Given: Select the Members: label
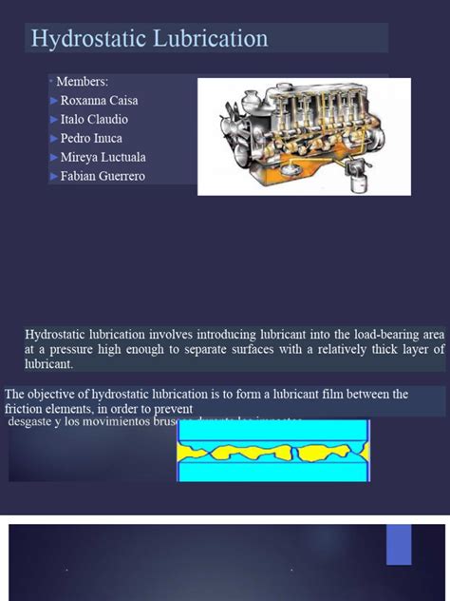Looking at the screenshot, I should click(x=83, y=83).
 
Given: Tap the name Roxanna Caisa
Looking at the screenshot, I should click(x=99, y=101).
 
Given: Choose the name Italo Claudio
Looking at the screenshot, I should click(x=94, y=120).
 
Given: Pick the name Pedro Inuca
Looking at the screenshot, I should click(x=91, y=139).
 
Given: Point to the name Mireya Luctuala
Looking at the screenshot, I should click(x=103, y=158).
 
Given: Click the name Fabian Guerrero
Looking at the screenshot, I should click(x=103, y=177).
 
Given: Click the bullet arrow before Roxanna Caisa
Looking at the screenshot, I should click(x=53, y=101).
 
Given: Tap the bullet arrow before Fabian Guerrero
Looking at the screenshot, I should click(x=53, y=177).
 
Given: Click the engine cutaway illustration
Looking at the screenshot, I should click(x=303, y=136).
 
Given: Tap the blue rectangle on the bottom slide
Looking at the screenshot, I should click(x=399, y=544).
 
